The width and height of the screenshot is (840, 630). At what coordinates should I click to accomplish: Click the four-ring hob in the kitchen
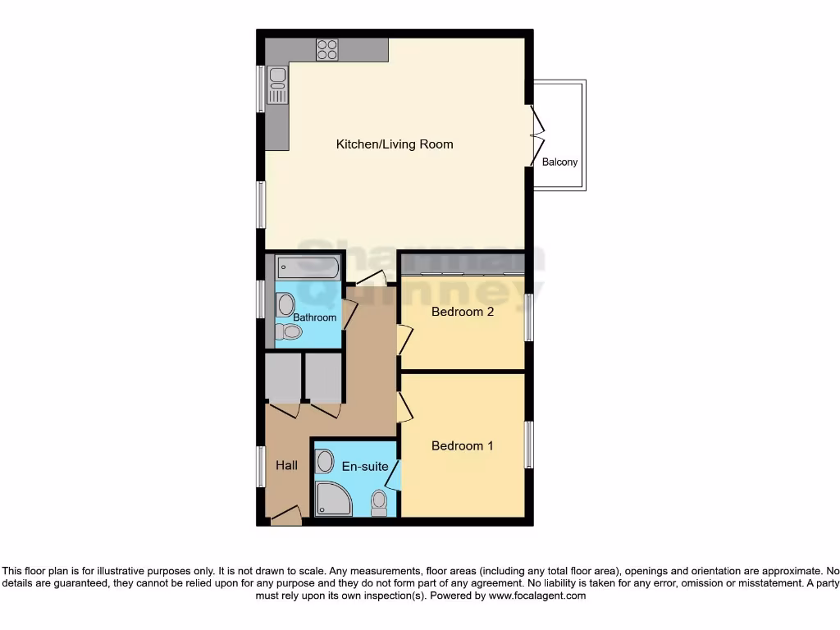point(327,49)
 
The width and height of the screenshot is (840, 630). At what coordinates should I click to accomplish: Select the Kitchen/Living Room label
point(395,144)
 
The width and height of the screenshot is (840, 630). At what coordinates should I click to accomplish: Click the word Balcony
point(559,162)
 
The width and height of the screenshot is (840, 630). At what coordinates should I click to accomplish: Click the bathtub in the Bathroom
point(308,267)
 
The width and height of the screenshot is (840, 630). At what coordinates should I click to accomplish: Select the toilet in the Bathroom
point(289,331)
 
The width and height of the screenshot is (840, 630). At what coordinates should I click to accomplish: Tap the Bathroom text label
point(315,317)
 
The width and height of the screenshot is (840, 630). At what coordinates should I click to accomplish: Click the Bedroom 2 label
point(463,312)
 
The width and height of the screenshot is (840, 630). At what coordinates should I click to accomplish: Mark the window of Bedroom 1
point(529,446)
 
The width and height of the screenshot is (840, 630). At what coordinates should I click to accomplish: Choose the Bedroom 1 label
point(463,446)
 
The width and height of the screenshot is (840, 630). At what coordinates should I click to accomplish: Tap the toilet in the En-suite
point(378,503)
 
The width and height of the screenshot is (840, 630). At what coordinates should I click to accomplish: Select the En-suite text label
point(365,467)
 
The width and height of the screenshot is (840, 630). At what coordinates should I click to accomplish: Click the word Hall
point(286,465)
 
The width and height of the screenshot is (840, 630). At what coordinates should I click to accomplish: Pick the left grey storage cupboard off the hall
point(283,377)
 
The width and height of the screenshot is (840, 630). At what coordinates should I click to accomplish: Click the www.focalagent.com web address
point(536,596)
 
